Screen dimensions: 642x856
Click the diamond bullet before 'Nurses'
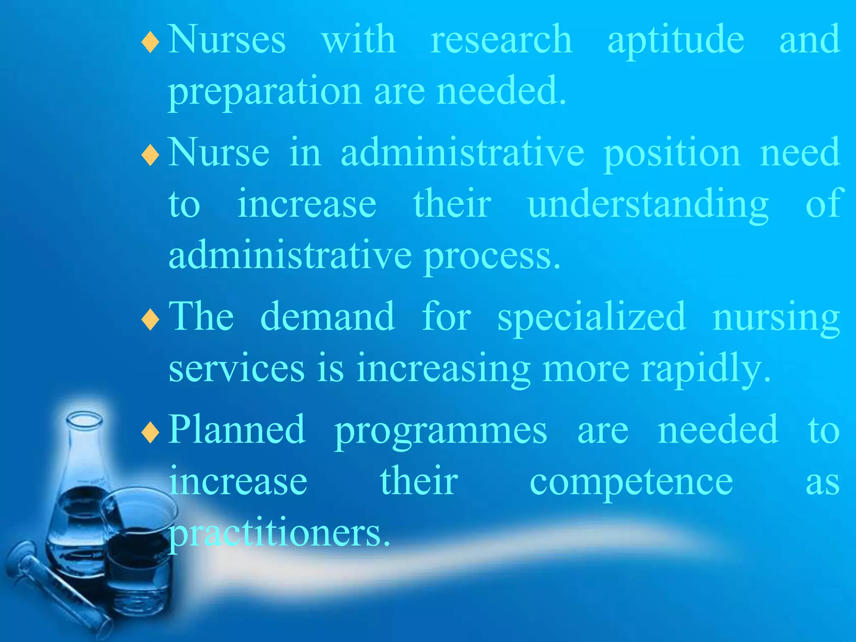pos(150,43)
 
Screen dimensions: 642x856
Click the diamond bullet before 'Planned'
pos(150,433)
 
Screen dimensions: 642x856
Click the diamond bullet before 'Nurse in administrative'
pos(150,155)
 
